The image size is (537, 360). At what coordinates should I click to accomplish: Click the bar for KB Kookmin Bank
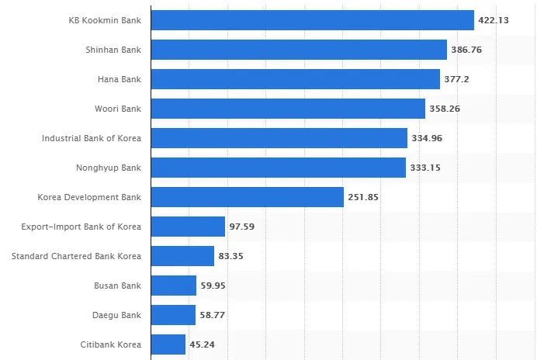click(x=312, y=20)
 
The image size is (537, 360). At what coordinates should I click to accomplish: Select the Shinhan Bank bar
click(x=299, y=50)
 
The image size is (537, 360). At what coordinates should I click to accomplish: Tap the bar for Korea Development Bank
click(x=247, y=197)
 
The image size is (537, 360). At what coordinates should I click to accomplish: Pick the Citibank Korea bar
click(x=168, y=344)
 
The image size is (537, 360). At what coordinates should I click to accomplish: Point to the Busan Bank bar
click(x=173, y=286)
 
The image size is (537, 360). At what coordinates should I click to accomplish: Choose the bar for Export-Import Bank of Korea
click(x=188, y=227)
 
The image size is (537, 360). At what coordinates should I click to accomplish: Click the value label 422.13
click(x=493, y=20)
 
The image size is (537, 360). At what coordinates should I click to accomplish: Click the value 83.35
click(x=233, y=256)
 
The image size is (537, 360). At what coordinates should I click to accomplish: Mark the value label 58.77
click(x=214, y=315)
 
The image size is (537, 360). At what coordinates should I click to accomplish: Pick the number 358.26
click(x=445, y=109)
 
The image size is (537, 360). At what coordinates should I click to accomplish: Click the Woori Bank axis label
click(x=119, y=109)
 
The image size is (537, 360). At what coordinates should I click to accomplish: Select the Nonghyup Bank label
click(x=109, y=168)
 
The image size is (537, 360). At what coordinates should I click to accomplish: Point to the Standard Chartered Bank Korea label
click(x=76, y=256)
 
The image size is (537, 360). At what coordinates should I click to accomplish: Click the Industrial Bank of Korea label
click(x=92, y=138)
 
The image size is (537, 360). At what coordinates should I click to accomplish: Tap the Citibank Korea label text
click(x=111, y=344)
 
